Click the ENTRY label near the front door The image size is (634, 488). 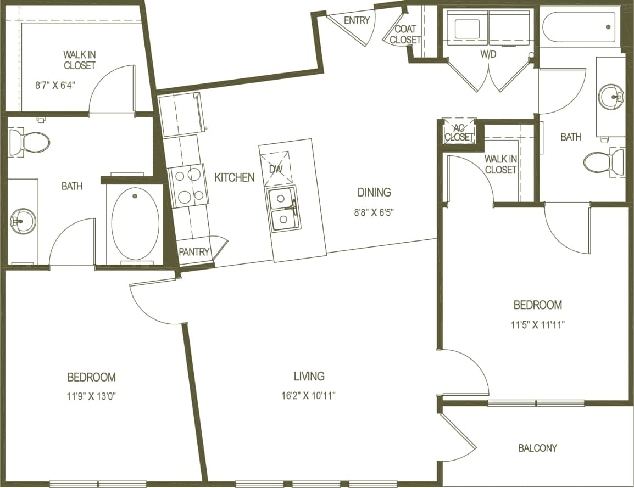pos(355,20)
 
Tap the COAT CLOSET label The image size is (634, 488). pos(405,34)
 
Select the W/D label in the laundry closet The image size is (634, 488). pos(488,54)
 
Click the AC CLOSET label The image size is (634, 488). pos(459,132)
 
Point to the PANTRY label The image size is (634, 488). pos(194,252)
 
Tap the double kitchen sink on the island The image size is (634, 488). pos(283,209)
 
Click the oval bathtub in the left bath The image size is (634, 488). pos(135,224)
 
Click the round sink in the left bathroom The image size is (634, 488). pos(23,221)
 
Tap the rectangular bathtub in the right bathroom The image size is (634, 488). pos(579,27)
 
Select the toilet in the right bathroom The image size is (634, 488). pos(603,162)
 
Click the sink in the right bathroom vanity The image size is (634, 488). pos(611,97)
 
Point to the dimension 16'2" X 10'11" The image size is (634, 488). pos(309,395)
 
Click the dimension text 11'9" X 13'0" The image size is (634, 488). pos(91,396)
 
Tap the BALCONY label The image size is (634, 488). pos(537,448)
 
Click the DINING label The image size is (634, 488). pos(374,192)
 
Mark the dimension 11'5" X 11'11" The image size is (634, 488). pos(537,324)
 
